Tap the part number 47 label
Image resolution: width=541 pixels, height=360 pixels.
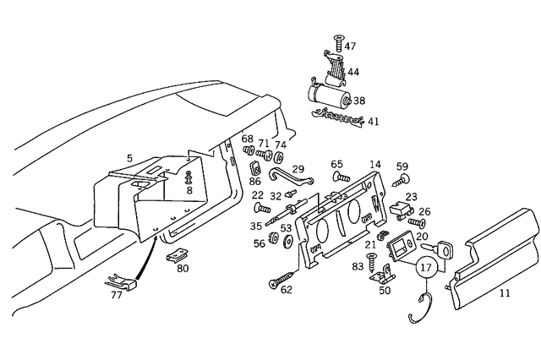(350, 46)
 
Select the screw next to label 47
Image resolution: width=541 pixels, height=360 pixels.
(338, 40)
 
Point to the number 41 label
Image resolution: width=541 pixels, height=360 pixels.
(373, 122)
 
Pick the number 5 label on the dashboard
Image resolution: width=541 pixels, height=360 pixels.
(129, 158)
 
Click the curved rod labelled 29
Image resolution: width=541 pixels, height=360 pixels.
(288, 177)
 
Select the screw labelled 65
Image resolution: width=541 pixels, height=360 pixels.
(341, 177)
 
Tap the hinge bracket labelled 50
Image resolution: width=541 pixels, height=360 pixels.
(387, 273)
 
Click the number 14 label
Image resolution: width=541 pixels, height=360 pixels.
(375, 164)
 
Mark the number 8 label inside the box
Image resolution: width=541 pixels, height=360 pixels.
(189, 190)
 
